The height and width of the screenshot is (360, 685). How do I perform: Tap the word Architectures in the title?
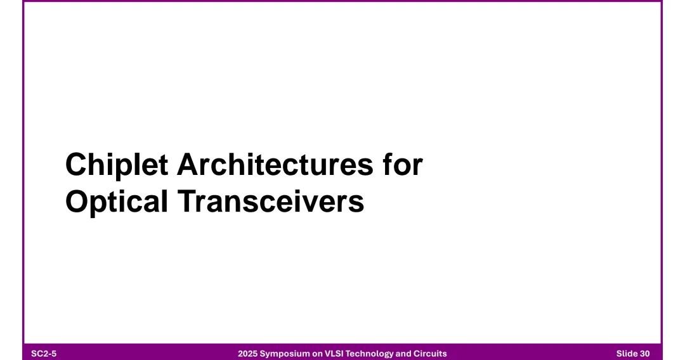pyautogui.click(x=275, y=165)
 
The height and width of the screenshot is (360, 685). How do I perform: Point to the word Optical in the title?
pyautogui.click(x=117, y=202)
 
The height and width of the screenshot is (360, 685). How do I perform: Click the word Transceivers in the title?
pyautogui.click(x=271, y=202)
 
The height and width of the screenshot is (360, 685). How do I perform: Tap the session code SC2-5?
pyautogui.click(x=44, y=354)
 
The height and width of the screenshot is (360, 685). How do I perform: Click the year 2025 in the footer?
pyautogui.click(x=248, y=354)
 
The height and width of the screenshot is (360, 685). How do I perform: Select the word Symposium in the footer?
pyautogui.click(x=285, y=354)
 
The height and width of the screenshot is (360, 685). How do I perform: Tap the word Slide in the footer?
pyautogui.click(x=627, y=354)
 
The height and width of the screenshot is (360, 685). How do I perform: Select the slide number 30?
pyautogui.click(x=645, y=354)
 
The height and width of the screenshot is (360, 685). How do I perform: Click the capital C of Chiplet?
pyautogui.click(x=75, y=165)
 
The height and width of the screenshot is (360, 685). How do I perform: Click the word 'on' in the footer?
pyautogui.click(x=316, y=354)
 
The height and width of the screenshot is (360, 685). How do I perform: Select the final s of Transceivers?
pyautogui.click(x=358, y=205)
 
